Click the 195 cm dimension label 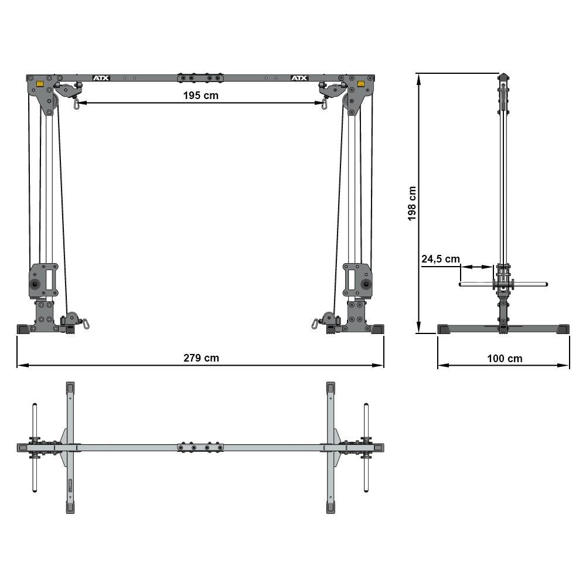point(199,96)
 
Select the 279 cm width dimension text point(200,357)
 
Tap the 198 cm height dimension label point(412,203)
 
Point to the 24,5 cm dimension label point(440,258)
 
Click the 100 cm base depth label point(504,358)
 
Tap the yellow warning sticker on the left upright point(40,84)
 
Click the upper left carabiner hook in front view point(76,104)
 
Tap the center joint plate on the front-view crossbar point(200,78)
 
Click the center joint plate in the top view point(200,447)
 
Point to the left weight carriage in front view point(44,280)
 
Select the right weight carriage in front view point(357,280)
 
